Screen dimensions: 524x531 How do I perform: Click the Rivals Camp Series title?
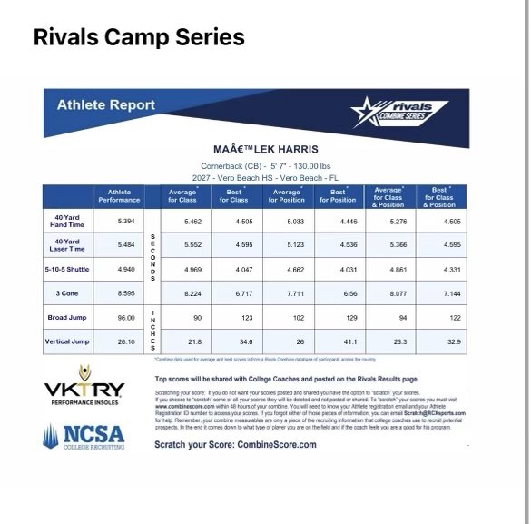(138, 38)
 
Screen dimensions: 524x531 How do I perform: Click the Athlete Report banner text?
(106, 104)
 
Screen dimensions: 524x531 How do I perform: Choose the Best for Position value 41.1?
(338, 341)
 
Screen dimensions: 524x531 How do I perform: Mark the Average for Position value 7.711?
(287, 294)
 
